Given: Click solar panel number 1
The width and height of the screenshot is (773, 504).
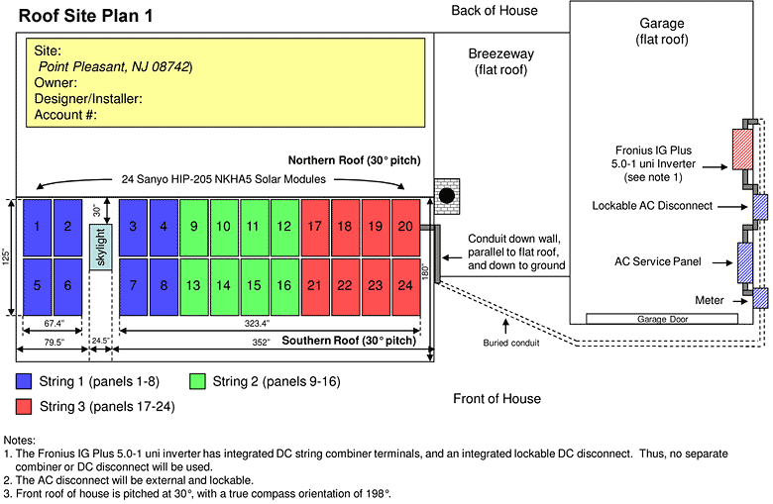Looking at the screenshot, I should [37, 227].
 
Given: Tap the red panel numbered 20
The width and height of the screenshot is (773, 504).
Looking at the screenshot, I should [405, 227].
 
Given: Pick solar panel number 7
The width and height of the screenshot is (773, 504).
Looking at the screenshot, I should [134, 285].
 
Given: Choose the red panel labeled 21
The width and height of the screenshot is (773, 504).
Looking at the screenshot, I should [315, 285].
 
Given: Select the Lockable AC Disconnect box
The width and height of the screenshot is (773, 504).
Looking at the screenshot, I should [760, 207].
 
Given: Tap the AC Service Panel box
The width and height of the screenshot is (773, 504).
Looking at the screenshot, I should [743, 264].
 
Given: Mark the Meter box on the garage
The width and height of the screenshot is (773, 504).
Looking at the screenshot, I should [760, 299].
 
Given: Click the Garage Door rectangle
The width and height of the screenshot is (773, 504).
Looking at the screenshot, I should [662, 319].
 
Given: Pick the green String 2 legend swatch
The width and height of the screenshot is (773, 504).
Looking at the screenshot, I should [198, 380].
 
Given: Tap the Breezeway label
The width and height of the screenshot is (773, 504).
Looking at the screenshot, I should [501, 54].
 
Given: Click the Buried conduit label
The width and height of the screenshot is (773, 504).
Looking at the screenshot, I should [509, 344].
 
